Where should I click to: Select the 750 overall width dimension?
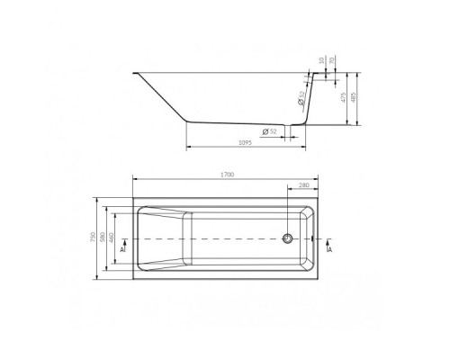95,238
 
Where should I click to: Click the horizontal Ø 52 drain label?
268,132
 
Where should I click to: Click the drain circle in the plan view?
287,238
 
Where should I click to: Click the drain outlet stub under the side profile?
289,128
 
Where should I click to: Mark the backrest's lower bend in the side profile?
185,121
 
